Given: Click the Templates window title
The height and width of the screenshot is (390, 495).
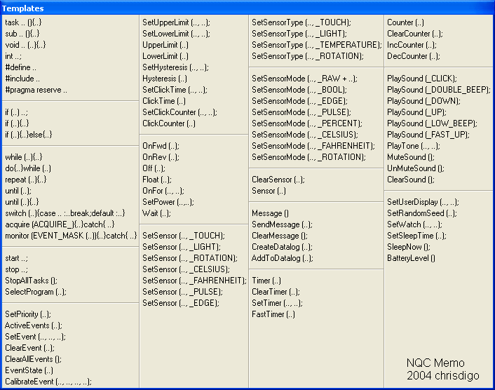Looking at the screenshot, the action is [x=22, y=8].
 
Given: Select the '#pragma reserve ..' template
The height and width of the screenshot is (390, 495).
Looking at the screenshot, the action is [x=36, y=90].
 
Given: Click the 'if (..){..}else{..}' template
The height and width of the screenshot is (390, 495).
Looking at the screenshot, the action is [x=29, y=135].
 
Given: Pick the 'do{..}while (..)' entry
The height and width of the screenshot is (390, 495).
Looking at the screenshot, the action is [x=28, y=168].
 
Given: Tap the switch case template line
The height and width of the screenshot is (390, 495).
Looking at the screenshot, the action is [x=65, y=213].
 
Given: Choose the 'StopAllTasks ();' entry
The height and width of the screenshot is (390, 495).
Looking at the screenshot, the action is [x=31, y=281].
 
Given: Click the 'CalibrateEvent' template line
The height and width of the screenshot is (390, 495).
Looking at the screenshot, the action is [x=48, y=382].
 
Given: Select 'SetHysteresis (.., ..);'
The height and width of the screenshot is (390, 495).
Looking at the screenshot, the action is [x=175, y=67].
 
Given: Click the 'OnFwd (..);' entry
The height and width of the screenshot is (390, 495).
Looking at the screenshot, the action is [x=161, y=146].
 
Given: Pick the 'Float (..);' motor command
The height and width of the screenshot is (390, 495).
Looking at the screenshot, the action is [x=157, y=180].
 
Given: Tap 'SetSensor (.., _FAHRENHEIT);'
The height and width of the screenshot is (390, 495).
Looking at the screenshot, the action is [x=194, y=281].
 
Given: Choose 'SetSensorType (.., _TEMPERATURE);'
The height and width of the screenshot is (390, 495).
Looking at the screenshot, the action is [x=317, y=45].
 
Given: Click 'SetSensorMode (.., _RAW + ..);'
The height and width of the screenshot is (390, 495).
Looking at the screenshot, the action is [x=304, y=79].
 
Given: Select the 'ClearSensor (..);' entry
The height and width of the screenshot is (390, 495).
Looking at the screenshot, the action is [x=278, y=180].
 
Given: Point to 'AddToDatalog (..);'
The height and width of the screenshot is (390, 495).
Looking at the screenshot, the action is [x=283, y=258].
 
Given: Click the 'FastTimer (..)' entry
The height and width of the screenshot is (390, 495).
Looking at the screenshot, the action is [x=273, y=314].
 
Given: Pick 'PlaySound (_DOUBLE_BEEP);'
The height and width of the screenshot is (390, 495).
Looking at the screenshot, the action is [x=439, y=90].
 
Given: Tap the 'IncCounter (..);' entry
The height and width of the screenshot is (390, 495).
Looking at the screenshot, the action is [x=412, y=45].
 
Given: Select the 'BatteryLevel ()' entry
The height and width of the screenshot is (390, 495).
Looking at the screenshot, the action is [x=411, y=258].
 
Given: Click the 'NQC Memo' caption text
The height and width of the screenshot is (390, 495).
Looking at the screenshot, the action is [x=435, y=363].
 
